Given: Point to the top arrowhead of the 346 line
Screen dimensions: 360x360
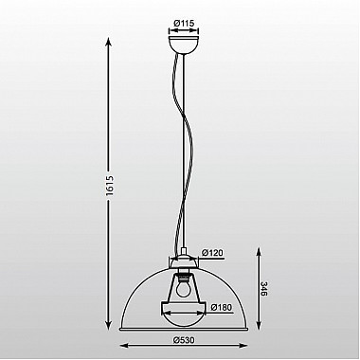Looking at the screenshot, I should pos(261,252).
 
